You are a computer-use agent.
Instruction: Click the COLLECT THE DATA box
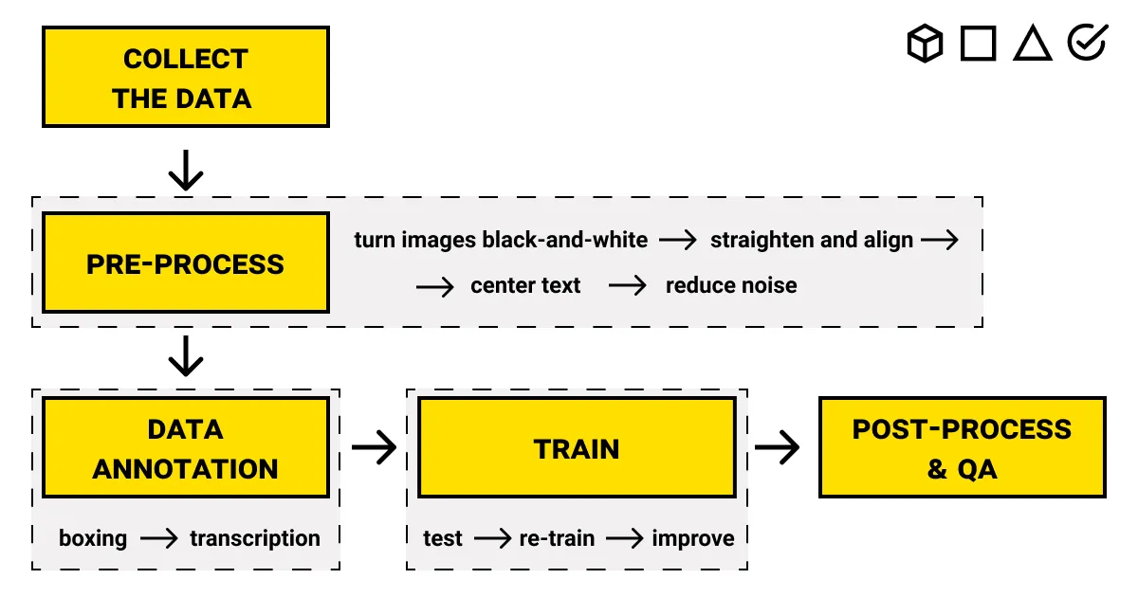(185, 78)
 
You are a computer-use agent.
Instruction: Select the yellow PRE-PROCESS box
(185, 263)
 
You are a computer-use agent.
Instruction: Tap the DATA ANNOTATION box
(185, 448)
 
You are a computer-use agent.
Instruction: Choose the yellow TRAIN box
(576, 448)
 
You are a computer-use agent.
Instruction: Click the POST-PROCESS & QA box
(962, 448)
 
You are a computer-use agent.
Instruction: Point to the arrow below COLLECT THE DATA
(186, 170)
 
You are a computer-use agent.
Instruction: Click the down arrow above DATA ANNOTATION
(186, 355)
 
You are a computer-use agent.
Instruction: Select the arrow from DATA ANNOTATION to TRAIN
(374, 448)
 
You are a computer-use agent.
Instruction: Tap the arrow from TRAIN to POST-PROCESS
(777, 448)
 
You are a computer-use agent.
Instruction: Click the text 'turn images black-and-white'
(501, 240)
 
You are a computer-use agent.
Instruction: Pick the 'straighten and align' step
(811, 240)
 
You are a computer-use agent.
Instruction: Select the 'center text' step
(525, 285)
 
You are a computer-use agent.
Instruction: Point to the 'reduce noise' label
(731, 285)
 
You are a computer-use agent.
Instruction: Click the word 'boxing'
(93, 538)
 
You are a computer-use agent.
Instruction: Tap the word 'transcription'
(255, 538)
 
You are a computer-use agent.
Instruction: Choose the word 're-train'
(557, 538)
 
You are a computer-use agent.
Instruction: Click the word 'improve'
(693, 538)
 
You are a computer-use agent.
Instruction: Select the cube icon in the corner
(925, 44)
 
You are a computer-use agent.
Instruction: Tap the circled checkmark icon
(1087, 43)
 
